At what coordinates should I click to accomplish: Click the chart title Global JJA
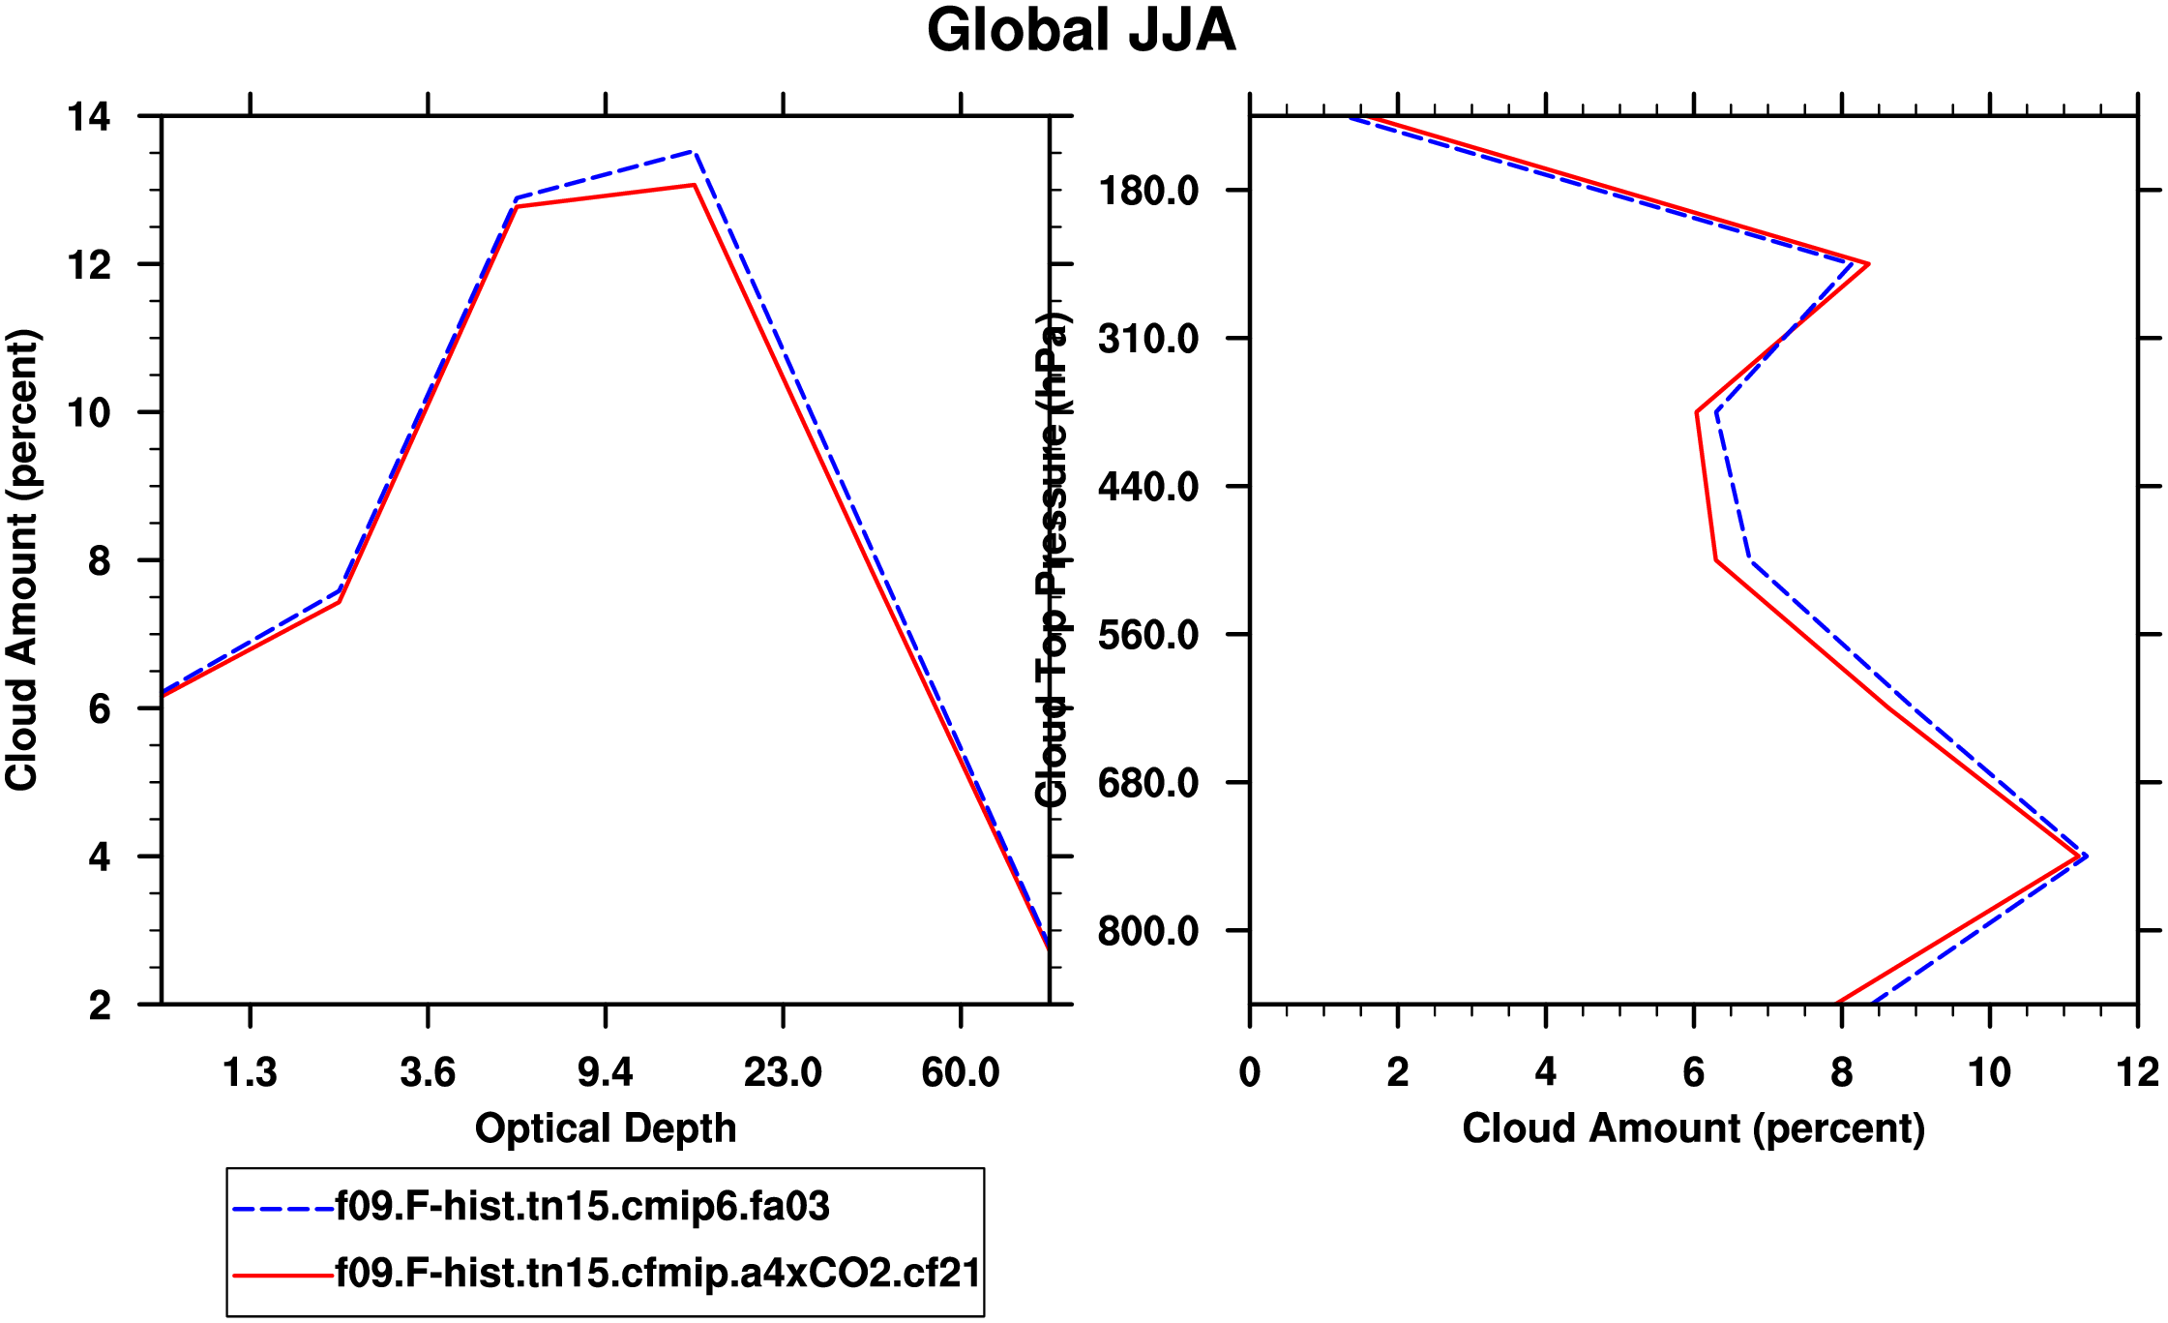coord(1081,31)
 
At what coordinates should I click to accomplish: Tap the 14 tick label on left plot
coord(88,117)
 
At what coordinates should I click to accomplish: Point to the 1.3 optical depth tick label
coord(250,1072)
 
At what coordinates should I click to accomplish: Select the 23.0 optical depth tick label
coord(783,1072)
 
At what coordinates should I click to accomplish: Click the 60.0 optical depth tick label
coord(960,1072)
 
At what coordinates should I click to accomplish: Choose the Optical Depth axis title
coord(606,1128)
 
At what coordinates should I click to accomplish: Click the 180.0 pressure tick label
coord(1148,191)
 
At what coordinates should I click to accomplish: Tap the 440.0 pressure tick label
coord(1148,486)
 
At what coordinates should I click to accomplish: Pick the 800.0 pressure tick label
coord(1148,931)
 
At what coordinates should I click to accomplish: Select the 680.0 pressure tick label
coord(1148,782)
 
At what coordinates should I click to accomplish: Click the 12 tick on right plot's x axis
coord(2137,1072)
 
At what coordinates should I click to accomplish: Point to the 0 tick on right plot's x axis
coord(1250,1072)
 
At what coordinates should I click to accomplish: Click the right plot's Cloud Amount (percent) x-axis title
coord(1693,1128)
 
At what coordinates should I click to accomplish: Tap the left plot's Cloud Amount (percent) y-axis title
coord(21,559)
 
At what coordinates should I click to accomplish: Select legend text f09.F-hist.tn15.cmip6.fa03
coord(582,1207)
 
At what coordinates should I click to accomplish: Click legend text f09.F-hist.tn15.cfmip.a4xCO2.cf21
coord(658,1274)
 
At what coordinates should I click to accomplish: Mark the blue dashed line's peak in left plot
coord(694,152)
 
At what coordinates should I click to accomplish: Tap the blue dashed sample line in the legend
coord(282,1209)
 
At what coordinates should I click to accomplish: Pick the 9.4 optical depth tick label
coord(606,1072)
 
